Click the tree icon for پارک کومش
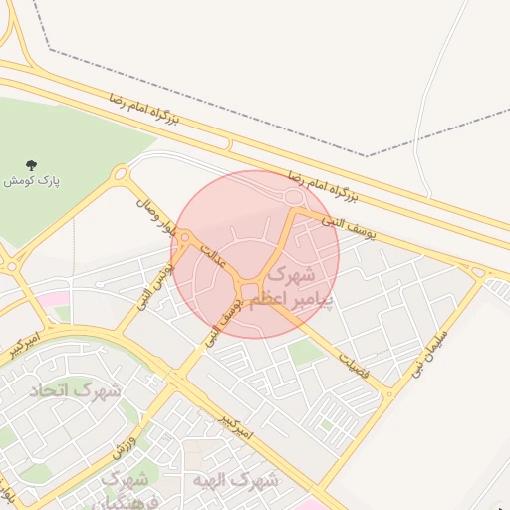coord(32,166)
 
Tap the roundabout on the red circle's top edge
coord(293,199)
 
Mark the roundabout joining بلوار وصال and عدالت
coord(185,238)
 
